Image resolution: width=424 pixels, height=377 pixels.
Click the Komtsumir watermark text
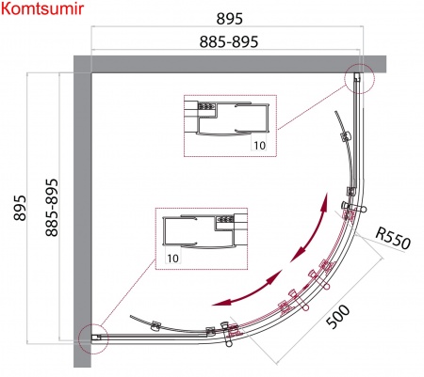point(42,8)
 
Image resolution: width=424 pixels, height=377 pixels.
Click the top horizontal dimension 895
point(230,19)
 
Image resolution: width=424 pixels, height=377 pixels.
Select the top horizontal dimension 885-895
point(229,41)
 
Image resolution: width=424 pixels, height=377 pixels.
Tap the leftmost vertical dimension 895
point(20,208)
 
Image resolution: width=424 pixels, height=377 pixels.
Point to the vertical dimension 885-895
point(52,208)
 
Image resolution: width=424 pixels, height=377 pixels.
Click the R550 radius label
point(393,238)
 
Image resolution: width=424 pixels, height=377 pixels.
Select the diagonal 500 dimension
point(337,317)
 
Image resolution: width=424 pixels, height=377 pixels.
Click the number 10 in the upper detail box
point(260,146)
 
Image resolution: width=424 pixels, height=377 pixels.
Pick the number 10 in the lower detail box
point(172,259)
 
